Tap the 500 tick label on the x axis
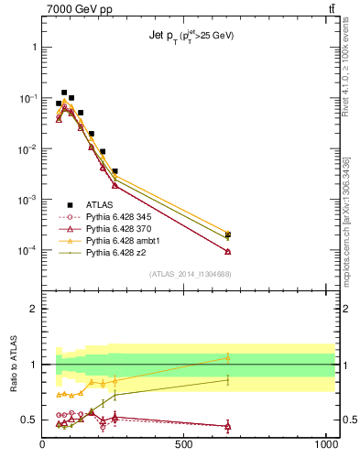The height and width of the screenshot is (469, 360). pos(185,444)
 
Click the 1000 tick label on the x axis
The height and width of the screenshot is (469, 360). pos(325,444)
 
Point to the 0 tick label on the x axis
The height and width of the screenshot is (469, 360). pos(43,444)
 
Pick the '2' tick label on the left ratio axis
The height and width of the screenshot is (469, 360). pos(35,309)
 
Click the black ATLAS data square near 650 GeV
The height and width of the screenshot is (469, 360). pos(227,234)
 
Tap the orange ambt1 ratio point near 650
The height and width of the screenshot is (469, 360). pos(227,357)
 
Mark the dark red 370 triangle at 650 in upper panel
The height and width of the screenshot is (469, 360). pos(227,251)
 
